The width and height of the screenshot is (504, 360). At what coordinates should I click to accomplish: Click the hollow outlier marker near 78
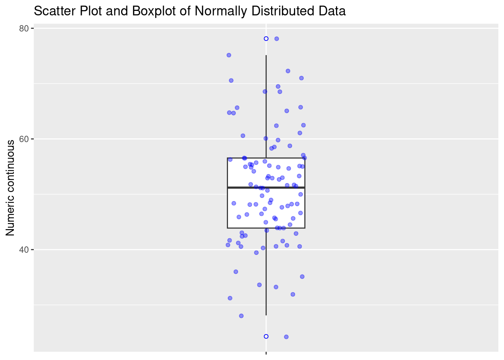[x=266, y=39]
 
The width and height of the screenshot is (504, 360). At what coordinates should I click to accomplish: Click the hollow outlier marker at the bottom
[x=266, y=336]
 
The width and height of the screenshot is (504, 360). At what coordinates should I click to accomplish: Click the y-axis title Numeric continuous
[x=10, y=188]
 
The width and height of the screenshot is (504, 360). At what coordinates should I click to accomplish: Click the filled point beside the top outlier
[x=277, y=39]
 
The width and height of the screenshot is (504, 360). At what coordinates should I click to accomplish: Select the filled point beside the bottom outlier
[x=286, y=337]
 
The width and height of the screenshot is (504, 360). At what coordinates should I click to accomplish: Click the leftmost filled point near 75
[x=229, y=55]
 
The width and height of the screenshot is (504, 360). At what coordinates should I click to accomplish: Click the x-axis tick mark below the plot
[x=266, y=353]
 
